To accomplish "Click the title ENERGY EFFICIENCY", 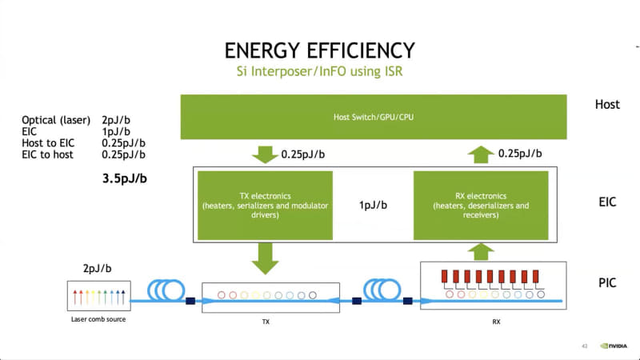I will [x=320, y=50].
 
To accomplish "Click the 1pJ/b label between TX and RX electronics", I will [x=373, y=205].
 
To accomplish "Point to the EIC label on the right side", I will [x=606, y=202].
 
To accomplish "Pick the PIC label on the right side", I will [x=606, y=282].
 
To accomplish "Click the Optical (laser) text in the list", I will [x=55, y=120].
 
